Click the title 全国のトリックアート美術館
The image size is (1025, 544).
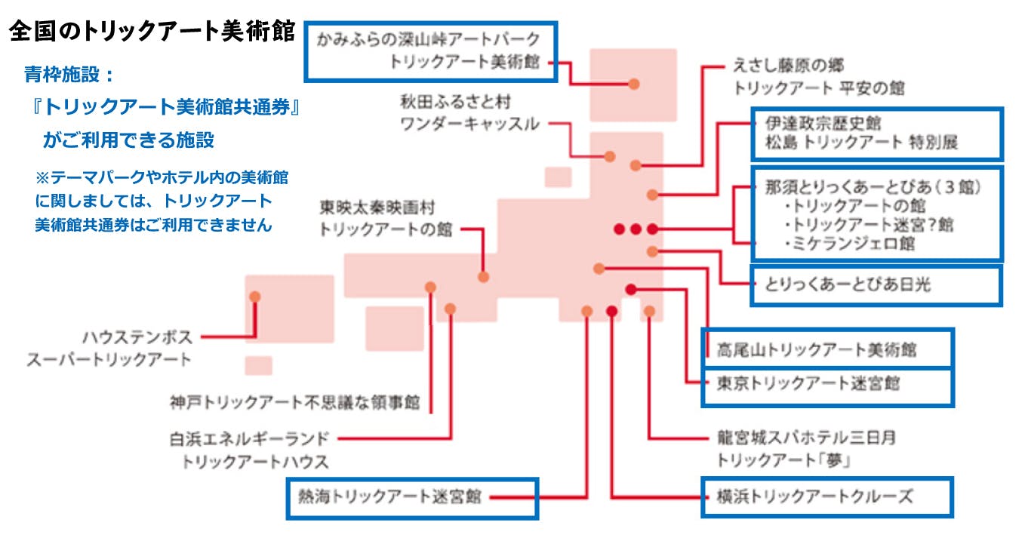(x=152, y=32)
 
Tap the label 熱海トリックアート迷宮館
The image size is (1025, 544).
(x=390, y=497)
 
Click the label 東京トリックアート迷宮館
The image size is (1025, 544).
(x=808, y=383)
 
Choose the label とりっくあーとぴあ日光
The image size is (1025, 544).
(x=848, y=284)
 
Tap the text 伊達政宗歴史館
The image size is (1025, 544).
(x=813, y=123)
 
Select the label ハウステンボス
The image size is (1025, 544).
(x=137, y=337)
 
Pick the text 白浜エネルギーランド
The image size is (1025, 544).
(x=250, y=438)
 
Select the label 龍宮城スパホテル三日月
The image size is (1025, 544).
(x=805, y=438)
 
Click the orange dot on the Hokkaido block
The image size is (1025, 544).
(x=634, y=83)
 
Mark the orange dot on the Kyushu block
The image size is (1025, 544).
(x=255, y=297)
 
